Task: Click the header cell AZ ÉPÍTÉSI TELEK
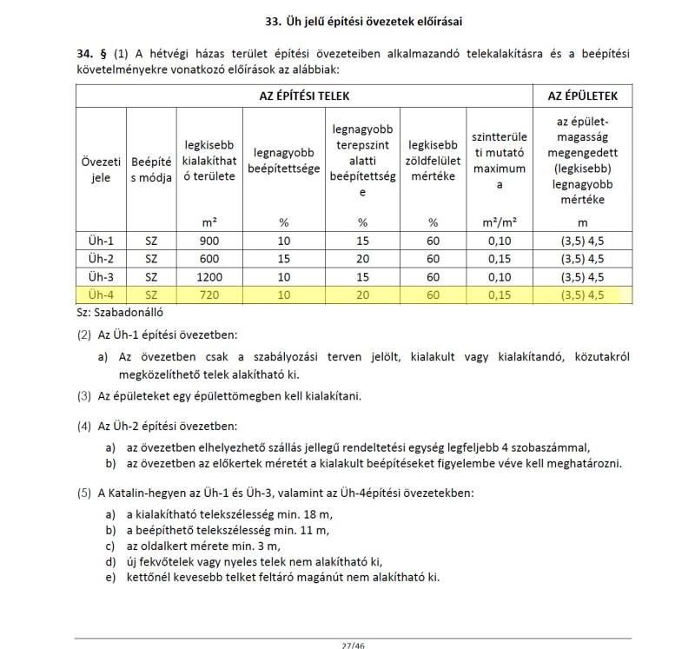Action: point(304,96)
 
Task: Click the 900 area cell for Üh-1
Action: point(209,241)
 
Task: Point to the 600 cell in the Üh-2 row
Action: point(209,259)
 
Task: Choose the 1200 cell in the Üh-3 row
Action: point(209,277)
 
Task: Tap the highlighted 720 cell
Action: point(209,295)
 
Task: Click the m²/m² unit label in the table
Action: point(500,222)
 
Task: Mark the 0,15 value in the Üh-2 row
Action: point(500,259)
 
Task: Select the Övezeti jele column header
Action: point(102,169)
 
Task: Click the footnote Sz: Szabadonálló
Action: point(121,311)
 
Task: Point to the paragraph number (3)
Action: point(84,396)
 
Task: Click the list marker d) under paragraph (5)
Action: point(110,561)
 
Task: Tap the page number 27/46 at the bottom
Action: point(351,645)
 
